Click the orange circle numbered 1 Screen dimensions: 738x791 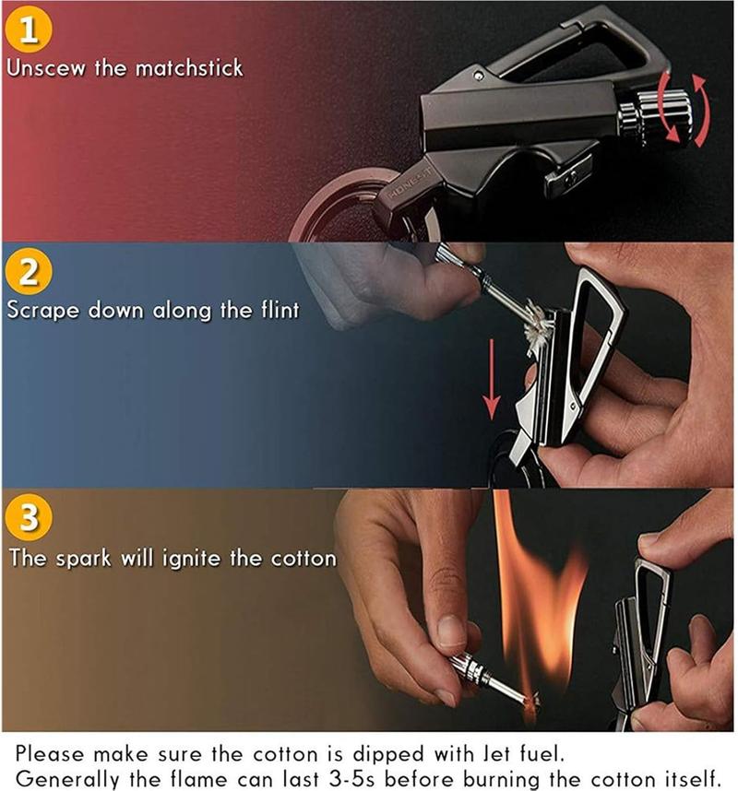(x=29, y=29)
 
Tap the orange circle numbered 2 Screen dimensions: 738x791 (x=29, y=271)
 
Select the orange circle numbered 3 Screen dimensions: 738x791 (x=29, y=517)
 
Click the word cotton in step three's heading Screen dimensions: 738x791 (x=304, y=559)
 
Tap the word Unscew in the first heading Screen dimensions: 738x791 (x=45, y=68)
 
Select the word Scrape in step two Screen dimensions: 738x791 (x=43, y=311)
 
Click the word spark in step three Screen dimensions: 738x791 (x=83, y=559)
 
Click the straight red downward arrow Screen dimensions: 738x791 (x=491, y=379)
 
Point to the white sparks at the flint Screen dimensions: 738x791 (x=538, y=325)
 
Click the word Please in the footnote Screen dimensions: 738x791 (x=50, y=754)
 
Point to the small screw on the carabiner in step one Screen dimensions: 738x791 (x=478, y=77)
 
